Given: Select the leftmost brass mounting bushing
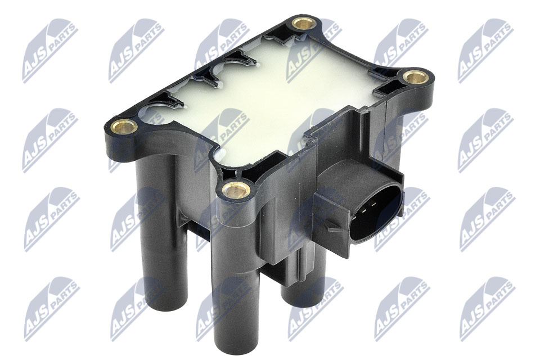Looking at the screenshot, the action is click(x=124, y=127).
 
